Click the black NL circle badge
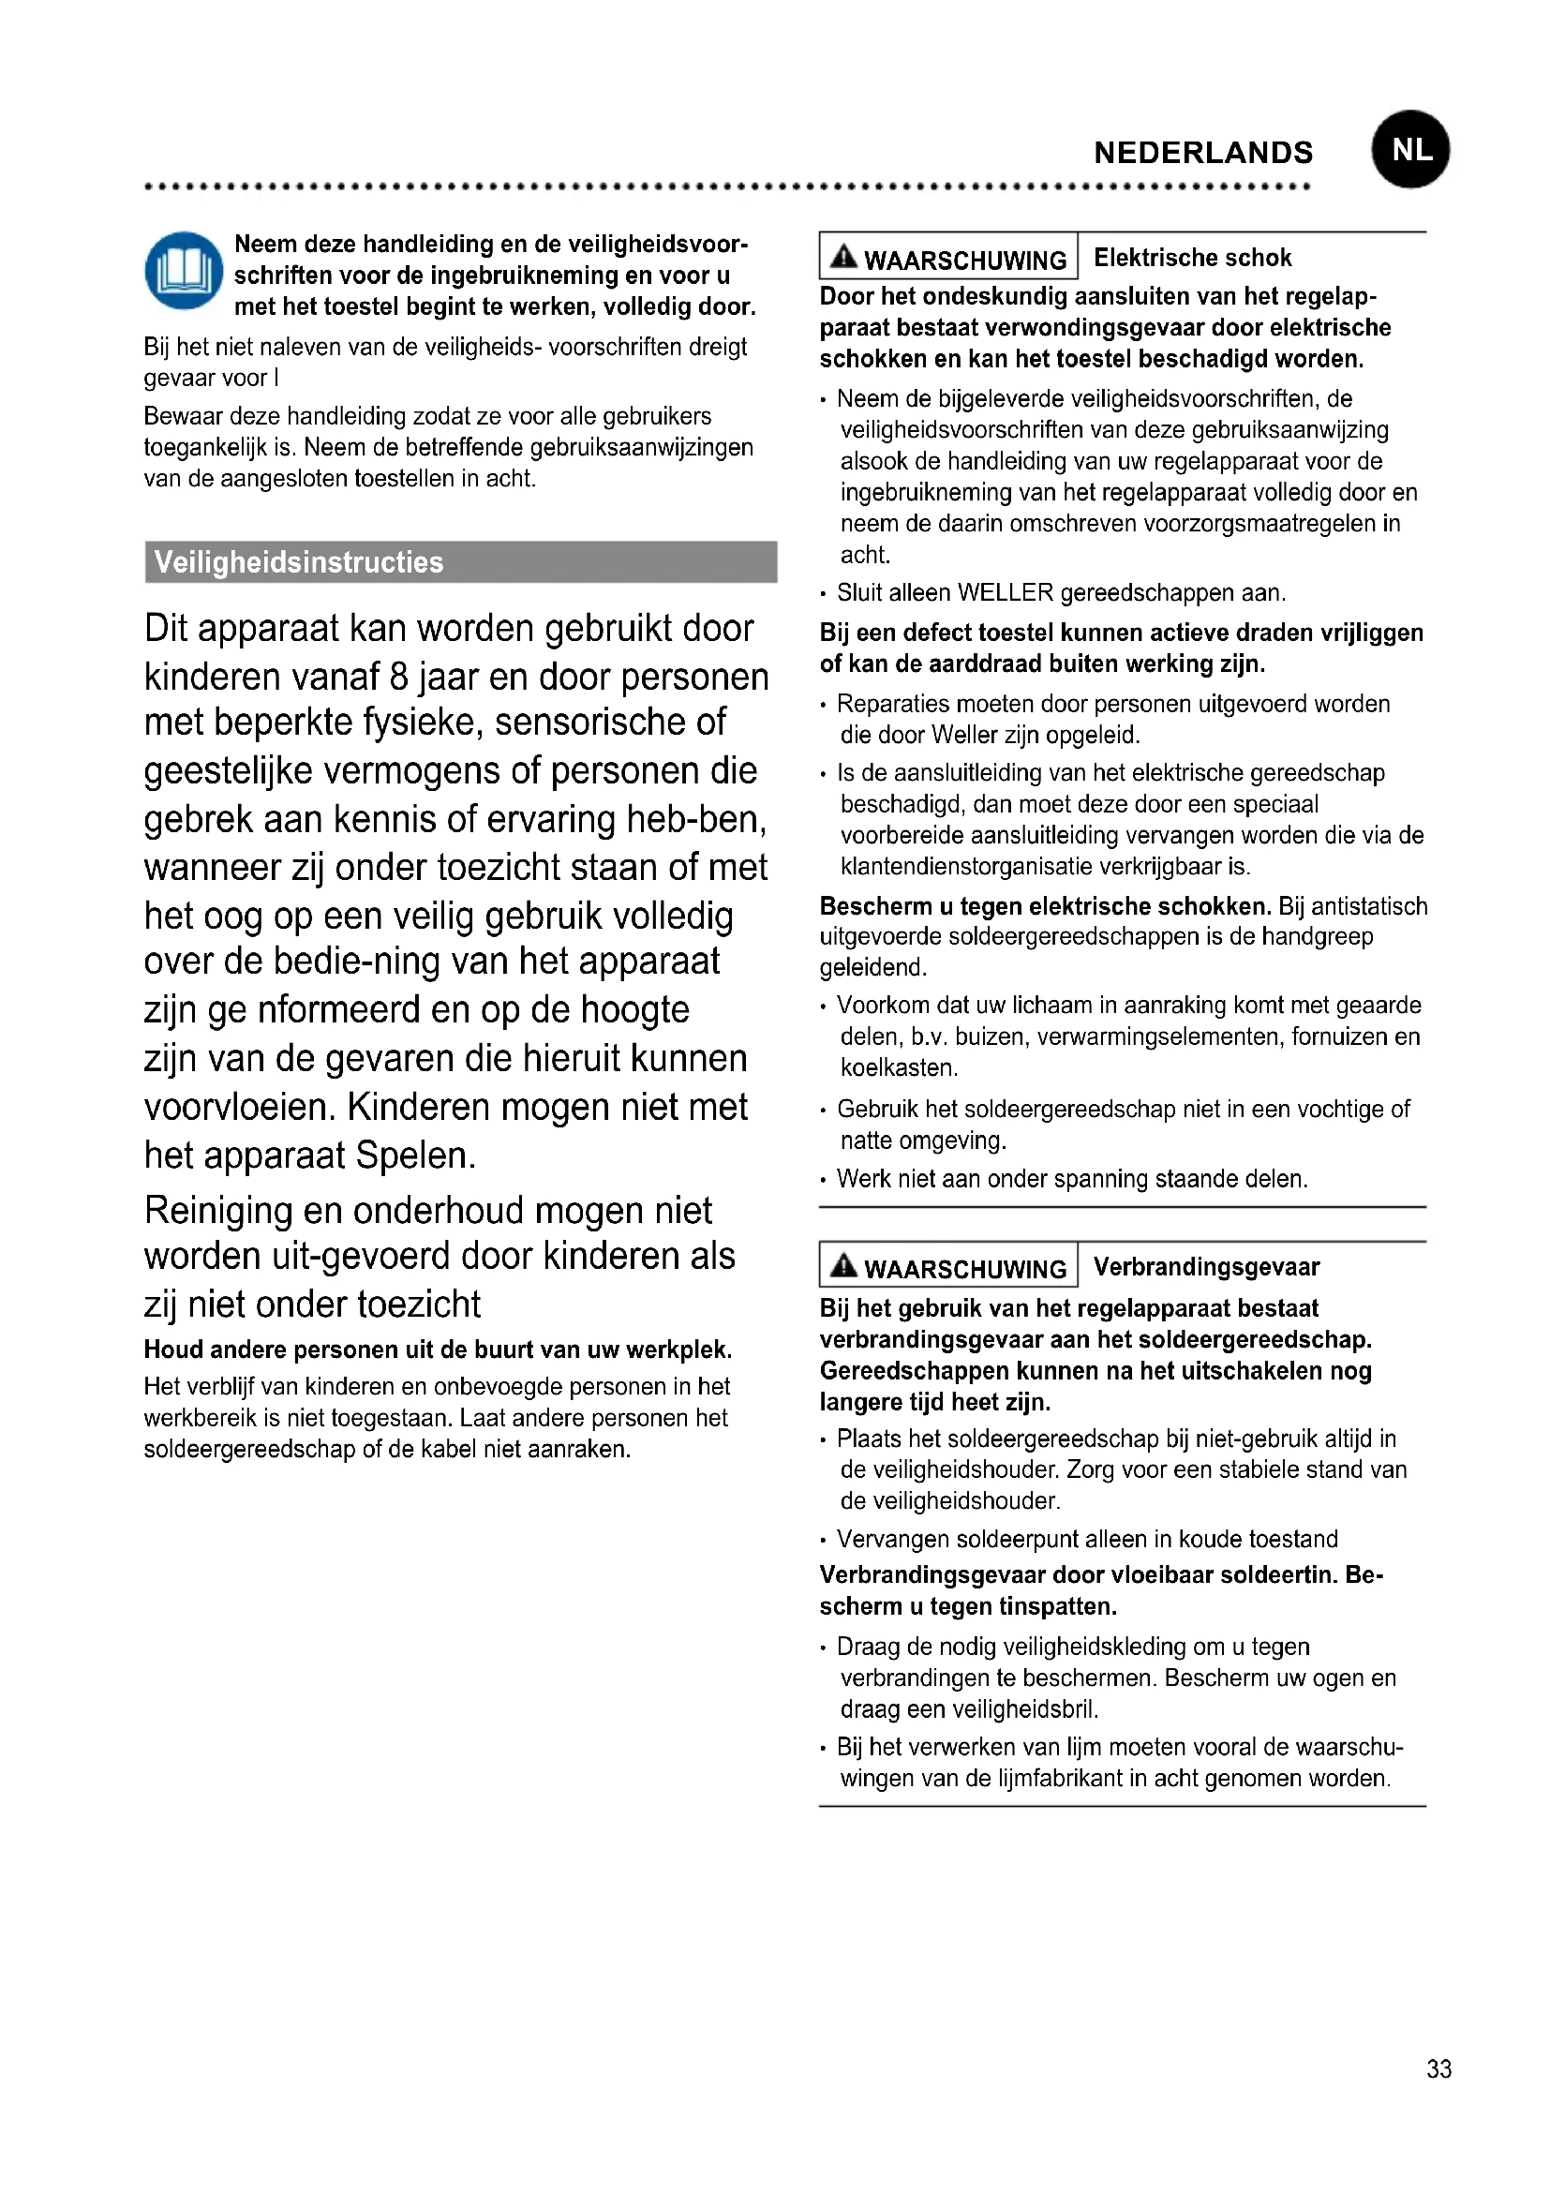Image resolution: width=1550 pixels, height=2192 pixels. click(1409, 150)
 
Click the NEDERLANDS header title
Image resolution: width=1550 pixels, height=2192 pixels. click(1202, 153)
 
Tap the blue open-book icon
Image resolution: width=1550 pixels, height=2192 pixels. click(184, 271)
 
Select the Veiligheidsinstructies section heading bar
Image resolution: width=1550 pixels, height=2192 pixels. click(460, 561)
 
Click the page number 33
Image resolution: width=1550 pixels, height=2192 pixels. click(1438, 2068)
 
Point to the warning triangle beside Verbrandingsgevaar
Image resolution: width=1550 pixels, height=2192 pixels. click(843, 1266)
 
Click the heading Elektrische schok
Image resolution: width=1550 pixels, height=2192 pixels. click(1192, 258)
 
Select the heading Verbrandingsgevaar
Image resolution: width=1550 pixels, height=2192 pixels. click(1206, 1267)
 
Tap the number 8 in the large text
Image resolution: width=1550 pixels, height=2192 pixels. click(399, 677)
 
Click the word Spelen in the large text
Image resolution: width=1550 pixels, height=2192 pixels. click(415, 1156)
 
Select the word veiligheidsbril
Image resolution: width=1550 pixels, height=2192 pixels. click(1030, 1709)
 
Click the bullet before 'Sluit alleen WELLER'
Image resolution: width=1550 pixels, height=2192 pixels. click(824, 595)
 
